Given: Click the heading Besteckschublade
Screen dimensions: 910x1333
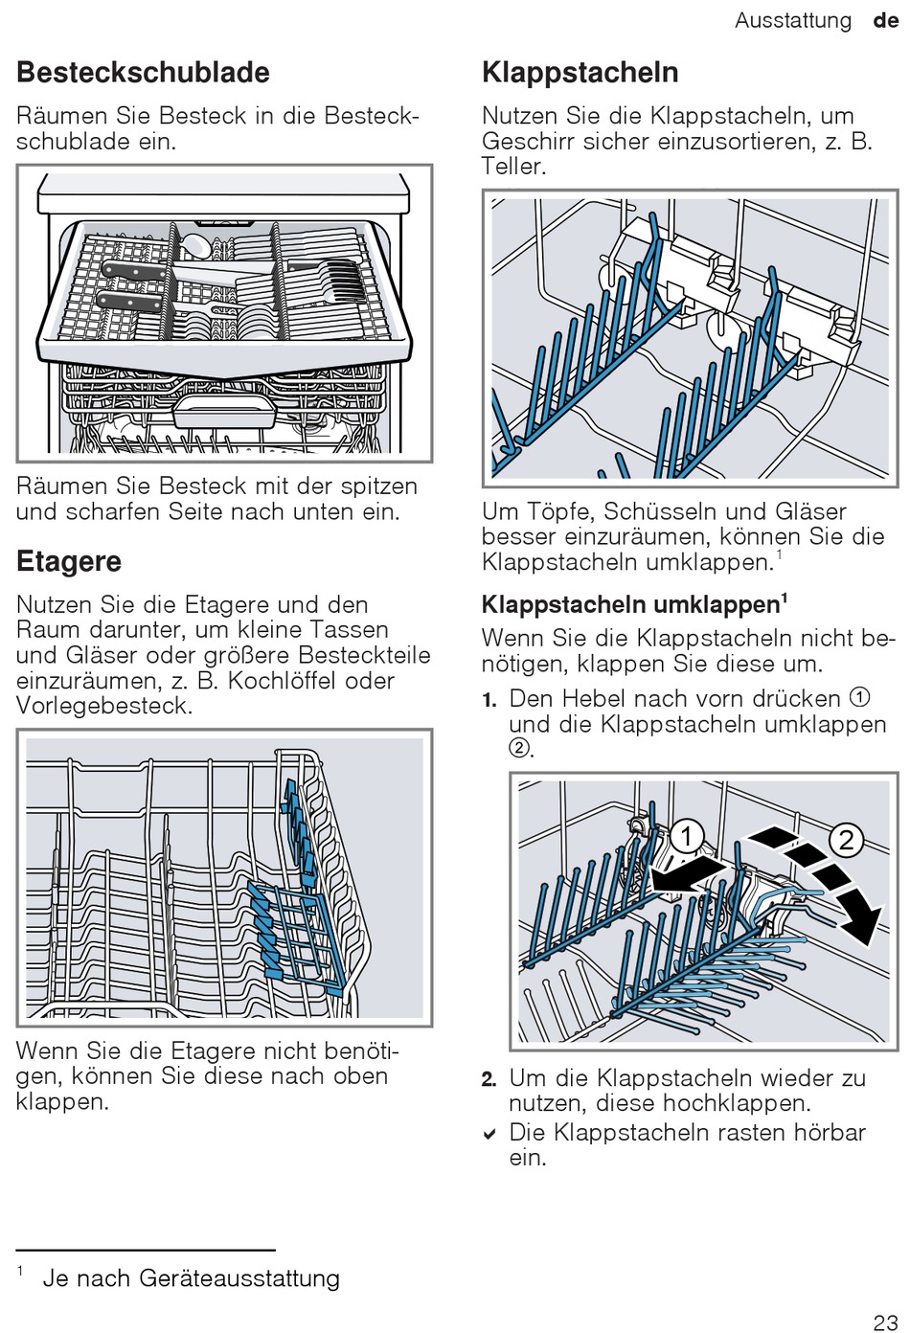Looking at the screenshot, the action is (144, 73).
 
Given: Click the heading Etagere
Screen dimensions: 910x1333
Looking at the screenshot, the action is (69, 562).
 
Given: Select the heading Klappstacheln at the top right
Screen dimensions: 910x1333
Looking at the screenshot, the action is (580, 73).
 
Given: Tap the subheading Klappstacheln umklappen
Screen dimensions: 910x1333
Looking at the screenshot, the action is (635, 604).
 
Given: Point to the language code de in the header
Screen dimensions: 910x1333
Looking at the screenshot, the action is (886, 21).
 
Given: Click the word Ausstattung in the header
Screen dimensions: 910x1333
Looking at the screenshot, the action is (793, 21).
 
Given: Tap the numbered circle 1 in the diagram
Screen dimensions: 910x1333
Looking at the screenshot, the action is (686, 837).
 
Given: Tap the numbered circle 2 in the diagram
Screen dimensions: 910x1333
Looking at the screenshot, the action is (846, 840).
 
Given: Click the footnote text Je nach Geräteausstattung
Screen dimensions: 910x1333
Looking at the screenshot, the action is (191, 1278).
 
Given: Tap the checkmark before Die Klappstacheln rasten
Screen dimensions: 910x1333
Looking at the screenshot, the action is (489, 1135).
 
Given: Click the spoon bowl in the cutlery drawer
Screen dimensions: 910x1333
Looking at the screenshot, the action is (193, 244).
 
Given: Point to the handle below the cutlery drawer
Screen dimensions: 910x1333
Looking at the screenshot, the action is (225, 410).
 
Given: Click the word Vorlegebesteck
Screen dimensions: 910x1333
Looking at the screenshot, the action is (104, 706).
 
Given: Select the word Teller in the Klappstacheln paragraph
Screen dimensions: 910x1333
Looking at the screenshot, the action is (513, 166).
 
